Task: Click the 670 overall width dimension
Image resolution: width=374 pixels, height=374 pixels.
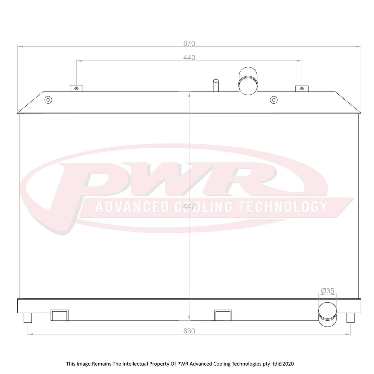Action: pyautogui.click(x=189, y=43)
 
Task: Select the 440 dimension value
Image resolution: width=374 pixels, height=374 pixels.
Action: pyautogui.click(x=189, y=58)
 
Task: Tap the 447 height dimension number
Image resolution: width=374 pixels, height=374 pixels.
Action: pyautogui.click(x=189, y=206)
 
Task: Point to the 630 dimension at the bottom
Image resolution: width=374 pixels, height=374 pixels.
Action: pyautogui.click(x=189, y=331)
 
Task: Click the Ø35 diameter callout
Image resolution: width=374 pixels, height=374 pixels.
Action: pyautogui.click(x=327, y=296)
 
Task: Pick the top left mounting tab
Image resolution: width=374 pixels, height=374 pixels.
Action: pyautogui.click(x=77, y=88)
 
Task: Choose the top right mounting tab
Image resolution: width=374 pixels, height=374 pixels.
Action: pyautogui.click(x=302, y=88)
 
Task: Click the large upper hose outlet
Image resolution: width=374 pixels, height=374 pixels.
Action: pyautogui.click(x=248, y=81)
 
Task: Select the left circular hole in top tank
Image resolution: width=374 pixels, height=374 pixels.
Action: pyautogui.click(x=48, y=100)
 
